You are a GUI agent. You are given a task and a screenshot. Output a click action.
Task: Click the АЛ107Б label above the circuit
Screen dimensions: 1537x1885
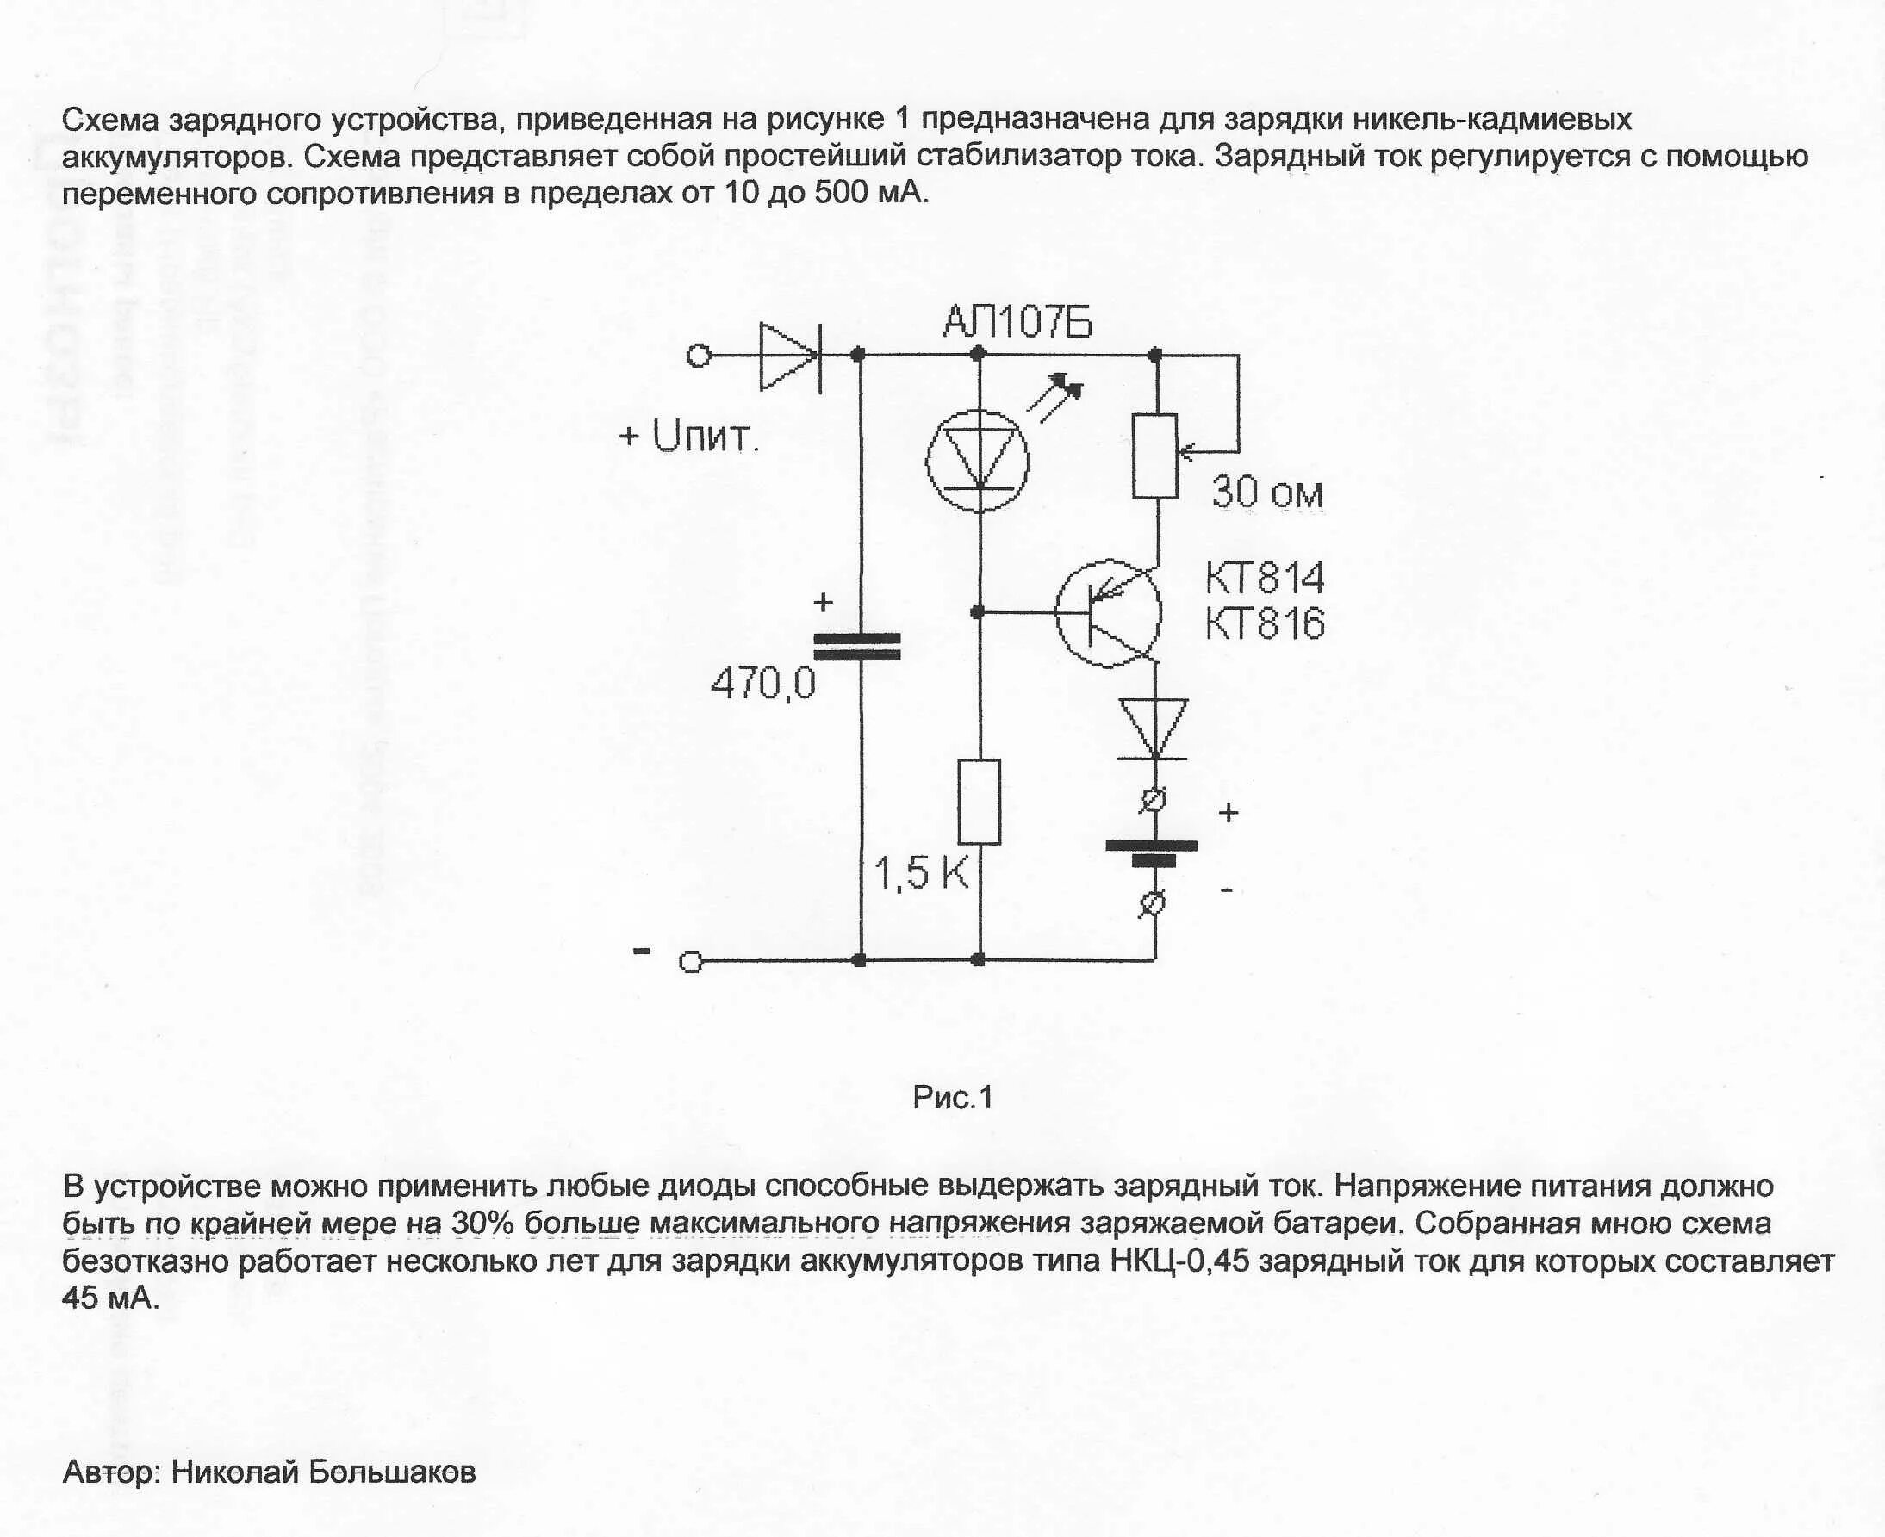coord(1017,321)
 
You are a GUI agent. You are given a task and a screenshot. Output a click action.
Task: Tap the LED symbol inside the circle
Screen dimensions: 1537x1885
coord(978,460)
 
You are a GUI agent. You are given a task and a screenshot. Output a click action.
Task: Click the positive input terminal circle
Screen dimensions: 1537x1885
coord(699,356)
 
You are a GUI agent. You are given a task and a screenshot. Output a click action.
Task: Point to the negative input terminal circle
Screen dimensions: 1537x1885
coord(691,962)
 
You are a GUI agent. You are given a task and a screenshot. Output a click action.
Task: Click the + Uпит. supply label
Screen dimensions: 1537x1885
coord(689,437)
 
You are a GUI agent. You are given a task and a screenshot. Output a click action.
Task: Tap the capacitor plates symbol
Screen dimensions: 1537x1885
coord(857,647)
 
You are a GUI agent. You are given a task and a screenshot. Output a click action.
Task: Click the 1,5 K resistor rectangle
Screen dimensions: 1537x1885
coord(980,802)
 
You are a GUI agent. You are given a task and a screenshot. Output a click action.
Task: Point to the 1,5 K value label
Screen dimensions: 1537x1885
coord(921,874)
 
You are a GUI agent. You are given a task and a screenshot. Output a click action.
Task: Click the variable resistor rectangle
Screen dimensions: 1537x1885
coord(1155,456)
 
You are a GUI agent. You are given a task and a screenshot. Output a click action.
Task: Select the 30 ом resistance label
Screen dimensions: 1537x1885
coord(1267,493)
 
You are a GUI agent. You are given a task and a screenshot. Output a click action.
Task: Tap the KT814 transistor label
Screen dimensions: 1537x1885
coord(1265,578)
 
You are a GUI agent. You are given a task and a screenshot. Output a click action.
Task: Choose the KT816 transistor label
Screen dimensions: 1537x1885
coord(1265,624)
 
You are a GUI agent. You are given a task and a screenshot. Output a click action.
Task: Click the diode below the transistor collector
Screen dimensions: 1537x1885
coord(1154,728)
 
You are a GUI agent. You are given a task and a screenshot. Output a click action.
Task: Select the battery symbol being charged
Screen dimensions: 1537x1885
coord(1152,852)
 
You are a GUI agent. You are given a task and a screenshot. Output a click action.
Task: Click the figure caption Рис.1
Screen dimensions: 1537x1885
coord(953,1098)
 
